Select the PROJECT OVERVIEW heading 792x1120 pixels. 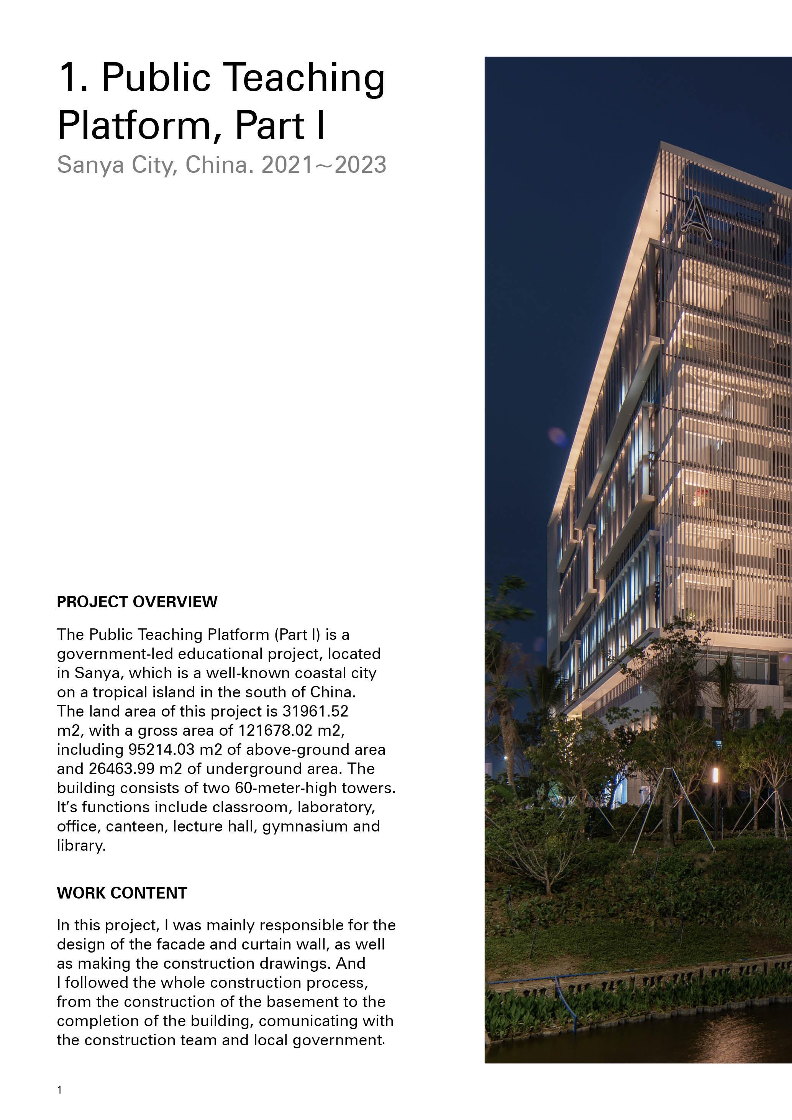[x=137, y=602]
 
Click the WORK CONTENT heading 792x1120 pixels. [x=122, y=893]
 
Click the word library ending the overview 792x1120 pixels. [x=80, y=845]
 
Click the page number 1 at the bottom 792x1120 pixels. [x=59, y=1090]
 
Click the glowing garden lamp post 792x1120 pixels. [x=715, y=776]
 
